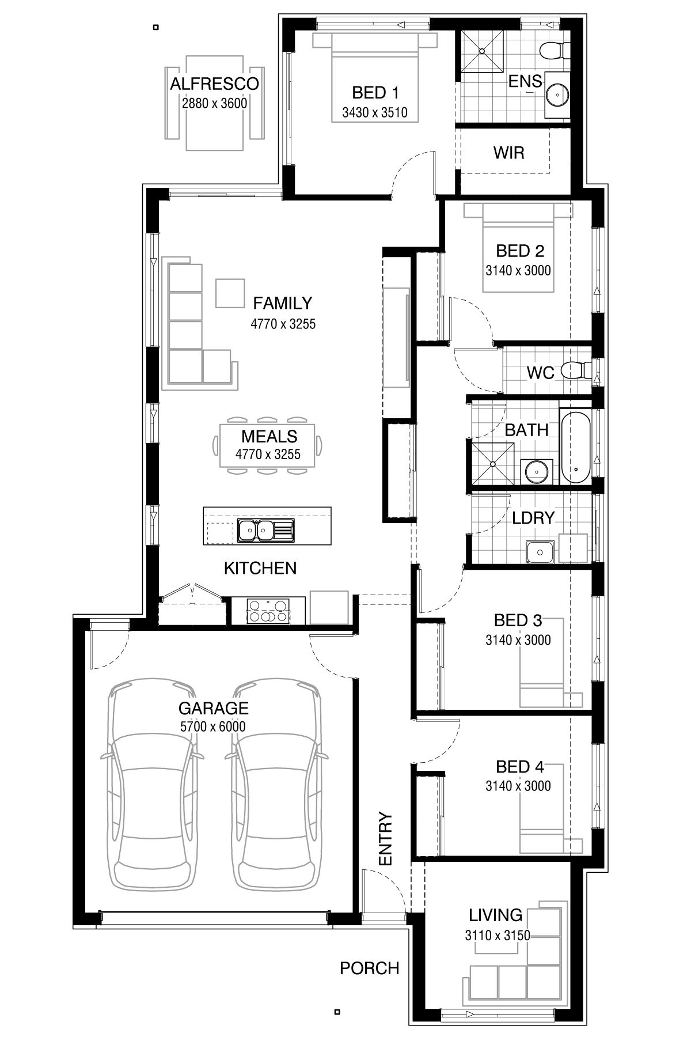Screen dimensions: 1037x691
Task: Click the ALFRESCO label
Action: [x=214, y=84]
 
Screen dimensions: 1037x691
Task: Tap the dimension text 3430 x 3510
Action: [x=374, y=112]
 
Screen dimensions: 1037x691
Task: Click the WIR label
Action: [x=508, y=153]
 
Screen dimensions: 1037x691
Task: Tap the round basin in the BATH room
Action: [x=536, y=471]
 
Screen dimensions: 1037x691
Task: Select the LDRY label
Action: [x=533, y=518]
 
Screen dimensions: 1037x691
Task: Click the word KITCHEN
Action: [x=260, y=568]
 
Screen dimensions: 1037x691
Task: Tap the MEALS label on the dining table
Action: [x=269, y=436]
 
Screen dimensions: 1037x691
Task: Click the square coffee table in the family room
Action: [x=230, y=293]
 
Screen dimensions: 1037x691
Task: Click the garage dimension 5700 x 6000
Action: [x=213, y=726]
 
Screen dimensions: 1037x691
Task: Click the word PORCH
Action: [x=369, y=968]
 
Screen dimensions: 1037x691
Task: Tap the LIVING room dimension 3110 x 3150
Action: [x=497, y=936]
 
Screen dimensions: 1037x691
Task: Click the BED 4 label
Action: [x=519, y=767]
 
